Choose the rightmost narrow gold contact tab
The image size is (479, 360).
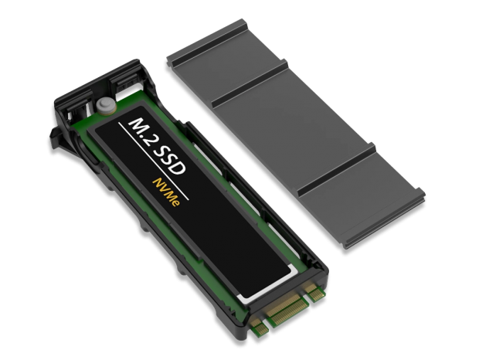(x=315, y=293)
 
